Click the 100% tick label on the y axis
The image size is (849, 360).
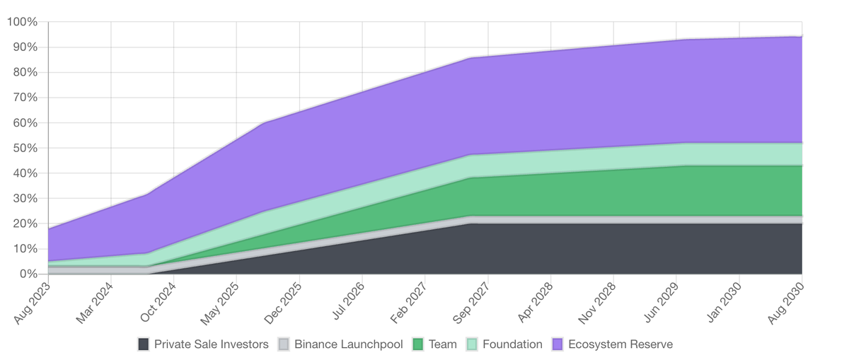(21, 22)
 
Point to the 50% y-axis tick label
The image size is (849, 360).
(24, 148)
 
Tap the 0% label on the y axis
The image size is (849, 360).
(27, 274)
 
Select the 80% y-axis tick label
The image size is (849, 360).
(24, 72)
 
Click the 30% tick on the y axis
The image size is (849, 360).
(24, 198)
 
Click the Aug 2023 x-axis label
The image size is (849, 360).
(31, 303)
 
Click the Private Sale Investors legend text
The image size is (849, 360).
(212, 344)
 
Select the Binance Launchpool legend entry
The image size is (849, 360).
(348, 344)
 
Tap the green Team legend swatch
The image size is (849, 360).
(418, 344)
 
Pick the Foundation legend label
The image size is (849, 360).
(512, 344)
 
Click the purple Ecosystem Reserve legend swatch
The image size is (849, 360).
(558, 344)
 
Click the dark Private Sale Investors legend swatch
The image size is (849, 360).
(144, 344)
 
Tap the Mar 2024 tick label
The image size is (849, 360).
(94, 303)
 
